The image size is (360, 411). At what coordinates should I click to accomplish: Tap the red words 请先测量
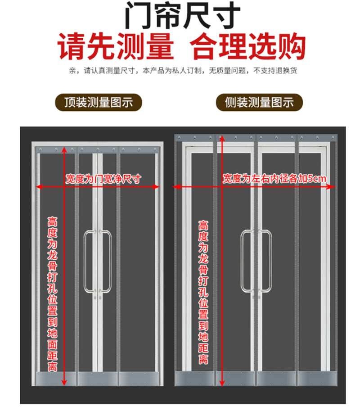pos(116,46)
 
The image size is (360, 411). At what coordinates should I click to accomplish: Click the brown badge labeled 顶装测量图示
pos(99,102)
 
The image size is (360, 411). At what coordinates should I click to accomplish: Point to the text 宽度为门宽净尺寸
pos(103,179)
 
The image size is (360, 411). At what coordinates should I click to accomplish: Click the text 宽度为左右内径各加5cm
pos(274,179)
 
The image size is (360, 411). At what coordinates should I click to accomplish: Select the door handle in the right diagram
pos(256,261)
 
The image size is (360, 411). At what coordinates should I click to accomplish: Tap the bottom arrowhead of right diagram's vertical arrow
pos(221,383)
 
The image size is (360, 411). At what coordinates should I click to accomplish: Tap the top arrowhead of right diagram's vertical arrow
pos(221,137)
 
